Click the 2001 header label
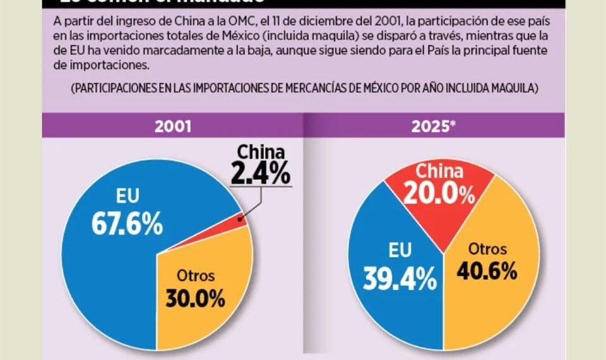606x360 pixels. pos(173,126)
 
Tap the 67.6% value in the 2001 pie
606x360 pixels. pos(127,223)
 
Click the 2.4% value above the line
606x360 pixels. pos(260,172)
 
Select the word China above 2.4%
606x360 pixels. pos(261,152)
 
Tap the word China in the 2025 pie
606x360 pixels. pos(440,171)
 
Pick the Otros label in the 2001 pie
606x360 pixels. pos(195,275)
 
